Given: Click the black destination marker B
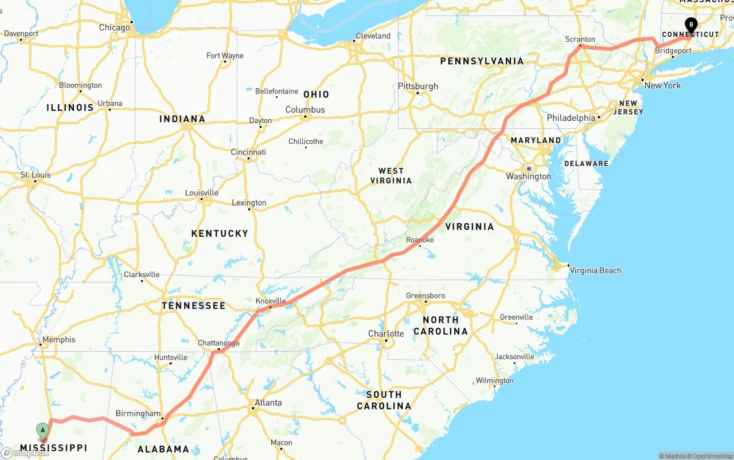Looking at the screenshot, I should pos(691,25).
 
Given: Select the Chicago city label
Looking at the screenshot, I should pos(114,27).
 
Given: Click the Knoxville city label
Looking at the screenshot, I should pos(271,301).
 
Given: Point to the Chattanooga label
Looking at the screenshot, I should pos(218,343).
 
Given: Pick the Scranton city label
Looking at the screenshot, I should pos(580,40).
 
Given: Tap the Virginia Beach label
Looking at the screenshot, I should pos(595,270).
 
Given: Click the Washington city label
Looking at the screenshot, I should pos(529,176).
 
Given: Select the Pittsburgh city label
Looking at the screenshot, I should pos(418,86).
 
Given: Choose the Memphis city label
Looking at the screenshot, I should pos(58,340).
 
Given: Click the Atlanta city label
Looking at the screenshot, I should pos(268,403).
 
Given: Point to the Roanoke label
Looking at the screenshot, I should pos(420,239).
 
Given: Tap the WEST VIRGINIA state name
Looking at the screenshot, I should pos(395,175).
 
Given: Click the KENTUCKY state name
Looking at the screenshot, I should pos(220,233).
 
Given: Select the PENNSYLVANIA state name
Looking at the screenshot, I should pos(482,61).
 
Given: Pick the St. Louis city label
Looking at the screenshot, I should pos(36,175).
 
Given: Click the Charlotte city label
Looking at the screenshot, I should pos(386,333).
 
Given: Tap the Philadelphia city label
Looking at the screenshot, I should pos(571,117).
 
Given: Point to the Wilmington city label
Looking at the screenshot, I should pos(494,380).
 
